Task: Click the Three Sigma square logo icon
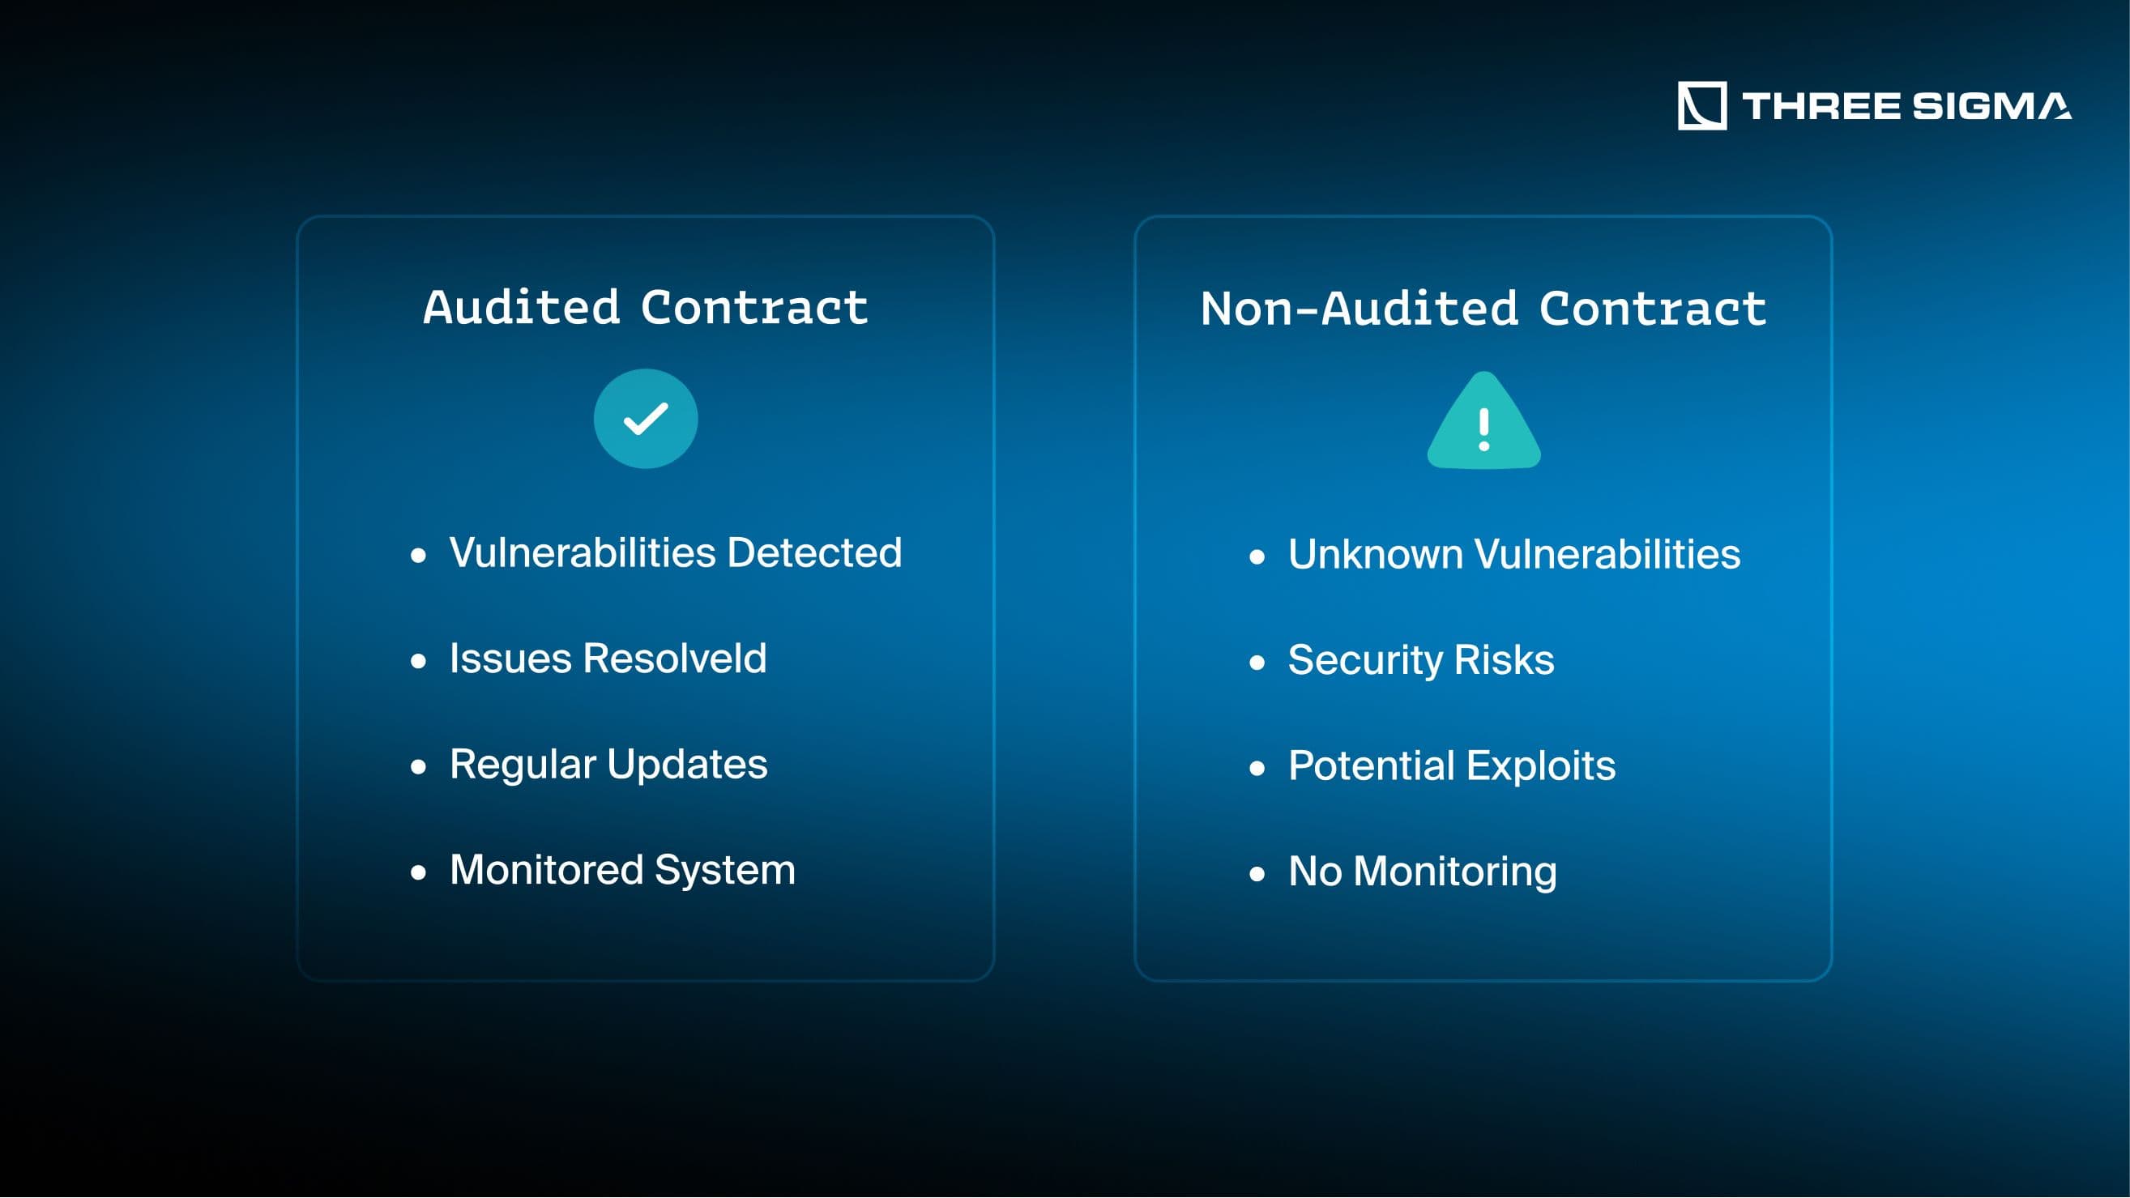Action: [x=1701, y=106]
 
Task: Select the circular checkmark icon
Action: [x=646, y=418]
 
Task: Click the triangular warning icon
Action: [x=1484, y=421]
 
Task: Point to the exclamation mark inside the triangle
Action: [x=1484, y=429]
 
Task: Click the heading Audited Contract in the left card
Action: [x=646, y=308]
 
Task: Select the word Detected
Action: [x=814, y=552]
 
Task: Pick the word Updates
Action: [x=687, y=765]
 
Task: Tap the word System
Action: [x=725, y=871]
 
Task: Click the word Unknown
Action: [x=1375, y=554]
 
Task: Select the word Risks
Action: [x=1504, y=660]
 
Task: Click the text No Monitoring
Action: [x=1422, y=872]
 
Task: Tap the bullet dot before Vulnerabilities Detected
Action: [x=418, y=556]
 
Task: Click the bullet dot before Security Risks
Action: [x=1257, y=663]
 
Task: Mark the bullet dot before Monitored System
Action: [x=418, y=872]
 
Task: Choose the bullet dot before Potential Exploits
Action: [x=1257, y=768]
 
